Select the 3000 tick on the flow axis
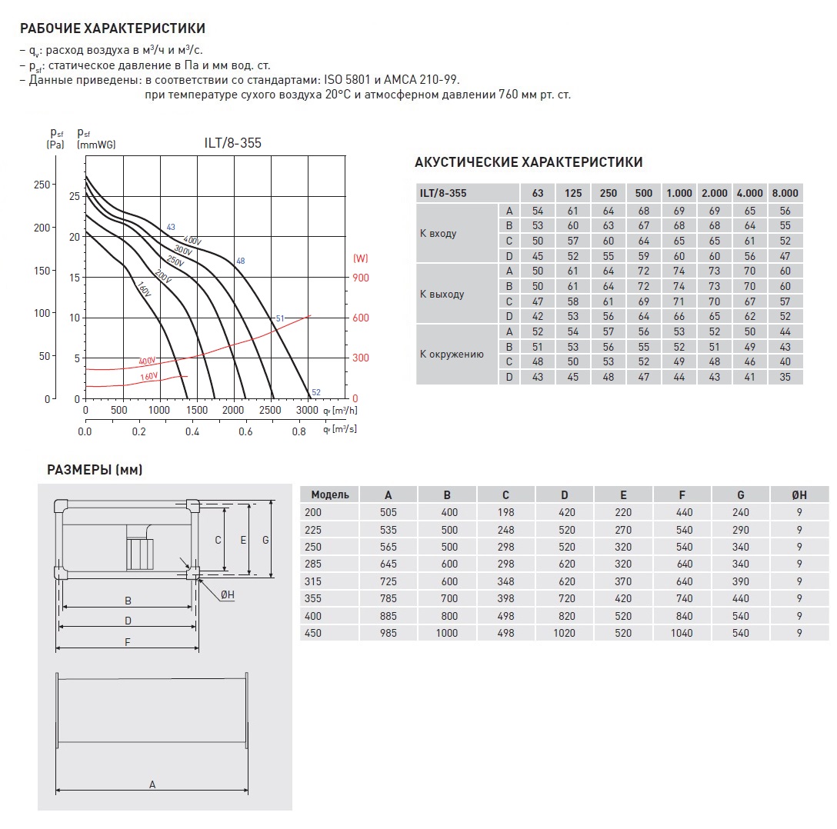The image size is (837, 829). click(307, 411)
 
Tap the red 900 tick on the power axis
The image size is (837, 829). click(361, 278)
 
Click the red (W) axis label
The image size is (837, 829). click(360, 258)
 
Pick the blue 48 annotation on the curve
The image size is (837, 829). click(240, 261)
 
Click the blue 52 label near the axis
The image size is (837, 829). click(315, 393)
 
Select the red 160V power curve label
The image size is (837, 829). click(149, 377)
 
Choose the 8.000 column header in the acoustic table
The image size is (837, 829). click(784, 193)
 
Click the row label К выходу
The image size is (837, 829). click(442, 294)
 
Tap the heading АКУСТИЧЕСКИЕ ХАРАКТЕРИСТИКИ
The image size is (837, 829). click(529, 162)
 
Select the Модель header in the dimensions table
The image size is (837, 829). click(330, 494)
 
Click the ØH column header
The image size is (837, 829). click(799, 494)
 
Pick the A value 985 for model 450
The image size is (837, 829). click(388, 633)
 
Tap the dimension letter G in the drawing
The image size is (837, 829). click(265, 540)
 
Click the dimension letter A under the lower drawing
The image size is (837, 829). click(152, 784)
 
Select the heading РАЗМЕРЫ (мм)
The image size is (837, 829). click(95, 470)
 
